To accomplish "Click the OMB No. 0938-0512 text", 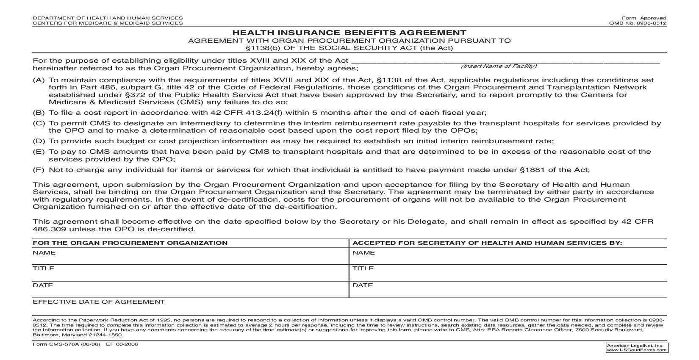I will point(638,23).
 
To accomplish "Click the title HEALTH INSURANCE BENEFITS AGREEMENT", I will point(349,33).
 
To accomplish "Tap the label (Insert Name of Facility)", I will point(499,66).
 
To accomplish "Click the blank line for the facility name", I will point(504,62).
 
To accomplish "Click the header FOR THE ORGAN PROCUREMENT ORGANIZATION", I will point(130,243).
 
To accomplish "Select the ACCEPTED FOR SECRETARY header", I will point(487,243).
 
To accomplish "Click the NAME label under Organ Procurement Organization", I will point(44,253).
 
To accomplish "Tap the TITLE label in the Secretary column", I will point(363,269).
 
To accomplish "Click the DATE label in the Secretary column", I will point(363,285).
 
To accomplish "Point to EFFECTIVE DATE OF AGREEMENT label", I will point(99,302).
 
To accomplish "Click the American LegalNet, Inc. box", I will point(637,348).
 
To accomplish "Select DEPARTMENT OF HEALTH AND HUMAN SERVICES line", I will point(108,18).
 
